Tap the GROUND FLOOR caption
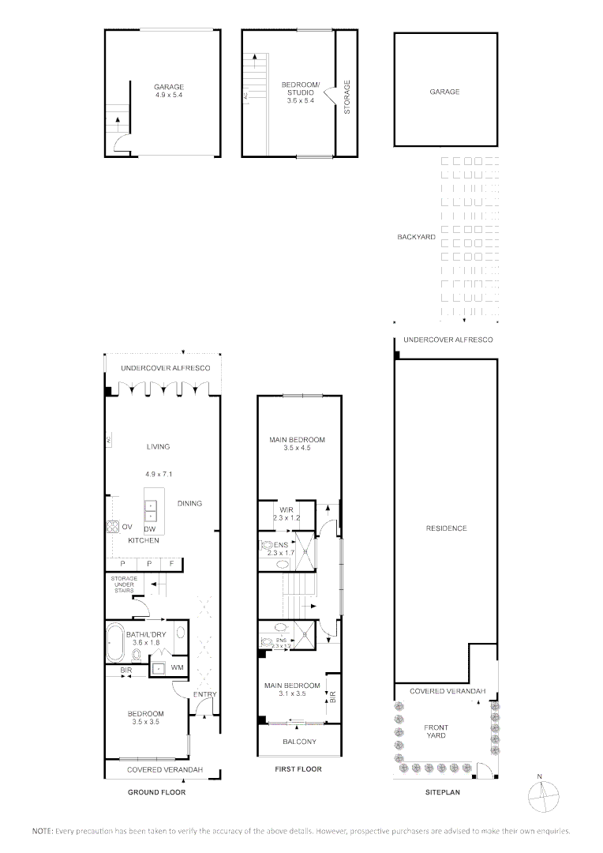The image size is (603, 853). [156, 792]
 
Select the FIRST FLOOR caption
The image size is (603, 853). [298, 769]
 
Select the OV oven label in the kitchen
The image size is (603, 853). [127, 527]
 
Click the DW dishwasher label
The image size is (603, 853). [148, 529]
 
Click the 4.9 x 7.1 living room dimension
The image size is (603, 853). [158, 475]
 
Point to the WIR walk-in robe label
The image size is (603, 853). [283, 509]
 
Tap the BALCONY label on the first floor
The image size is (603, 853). [299, 742]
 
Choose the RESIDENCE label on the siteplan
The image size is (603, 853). [447, 528]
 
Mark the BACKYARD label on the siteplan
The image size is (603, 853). [416, 236]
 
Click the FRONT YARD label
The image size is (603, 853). [436, 731]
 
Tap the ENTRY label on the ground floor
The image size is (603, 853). [204, 694]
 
